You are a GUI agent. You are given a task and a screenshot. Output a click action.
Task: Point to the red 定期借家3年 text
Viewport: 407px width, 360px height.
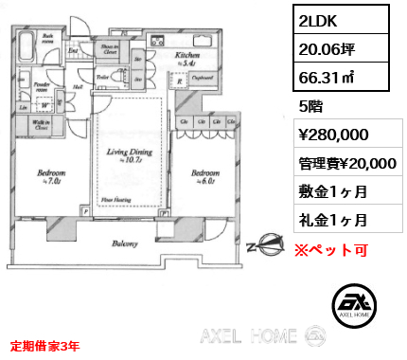pyautogui.click(x=45, y=344)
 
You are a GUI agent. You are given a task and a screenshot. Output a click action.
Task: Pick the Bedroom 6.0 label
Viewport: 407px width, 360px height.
pyautogui.click(x=204, y=176)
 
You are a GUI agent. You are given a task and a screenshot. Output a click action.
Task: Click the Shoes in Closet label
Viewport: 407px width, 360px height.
pyautogui.click(x=109, y=49)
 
